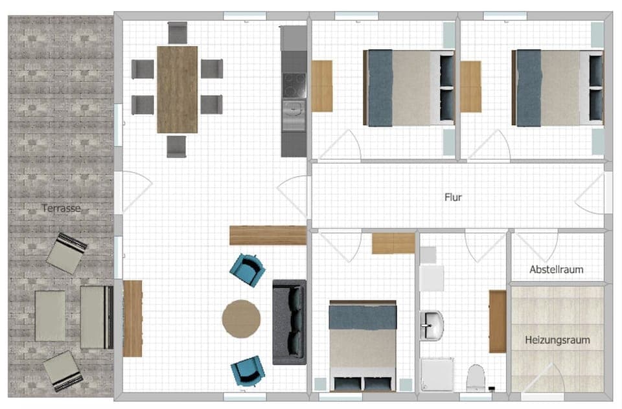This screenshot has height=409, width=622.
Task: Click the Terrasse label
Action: [61, 208]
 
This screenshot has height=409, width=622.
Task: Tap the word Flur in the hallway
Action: [453, 197]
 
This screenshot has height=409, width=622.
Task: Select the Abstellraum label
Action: [556, 269]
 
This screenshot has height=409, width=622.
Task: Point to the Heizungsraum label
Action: [557, 339]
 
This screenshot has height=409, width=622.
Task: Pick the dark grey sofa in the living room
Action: [289, 322]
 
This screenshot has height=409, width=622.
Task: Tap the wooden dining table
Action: [177, 89]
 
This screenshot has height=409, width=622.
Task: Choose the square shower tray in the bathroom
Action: [437, 375]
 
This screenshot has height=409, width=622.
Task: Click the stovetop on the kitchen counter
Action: [293, 84]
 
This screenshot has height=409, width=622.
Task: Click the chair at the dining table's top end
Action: [177, 32]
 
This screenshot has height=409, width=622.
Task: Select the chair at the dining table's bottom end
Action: [176, 146]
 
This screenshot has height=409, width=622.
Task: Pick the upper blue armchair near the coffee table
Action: [248, 269]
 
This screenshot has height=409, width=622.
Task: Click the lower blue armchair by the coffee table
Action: [248, 371]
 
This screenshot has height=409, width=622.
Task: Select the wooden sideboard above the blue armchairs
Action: [268, 235]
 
